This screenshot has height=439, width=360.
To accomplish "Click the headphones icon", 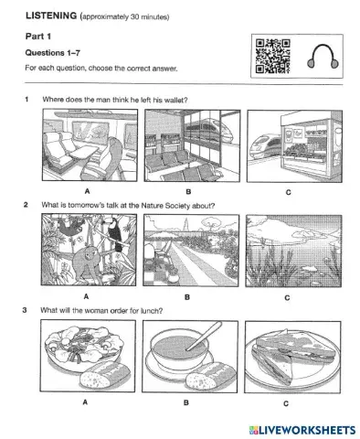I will point(316,57).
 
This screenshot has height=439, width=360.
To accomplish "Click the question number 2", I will point(27,205).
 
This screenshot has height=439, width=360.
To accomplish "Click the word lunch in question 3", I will point(151,310).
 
